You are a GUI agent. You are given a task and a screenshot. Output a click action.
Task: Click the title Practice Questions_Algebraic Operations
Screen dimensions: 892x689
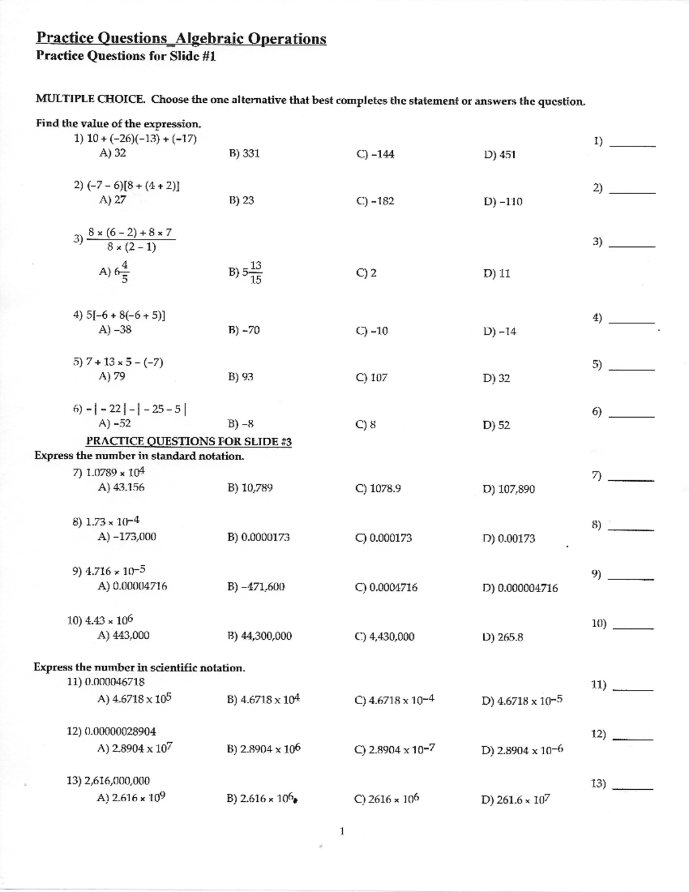click(x=181, y=38)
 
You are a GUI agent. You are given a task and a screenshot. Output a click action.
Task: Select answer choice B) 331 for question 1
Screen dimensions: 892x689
click(x=243, y=153)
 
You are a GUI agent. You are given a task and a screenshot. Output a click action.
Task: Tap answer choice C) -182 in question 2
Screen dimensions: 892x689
click(x=375, y=201)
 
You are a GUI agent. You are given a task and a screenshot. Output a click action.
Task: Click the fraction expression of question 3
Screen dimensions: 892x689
click(x=131, y=240)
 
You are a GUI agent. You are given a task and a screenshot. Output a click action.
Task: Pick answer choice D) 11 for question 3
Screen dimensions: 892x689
click(x=497, y=273)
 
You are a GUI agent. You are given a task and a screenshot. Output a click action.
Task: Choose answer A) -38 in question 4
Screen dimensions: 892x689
click(x=115, y=330)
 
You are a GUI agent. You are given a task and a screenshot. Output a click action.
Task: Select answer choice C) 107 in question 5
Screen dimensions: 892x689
click(x=371, y=377)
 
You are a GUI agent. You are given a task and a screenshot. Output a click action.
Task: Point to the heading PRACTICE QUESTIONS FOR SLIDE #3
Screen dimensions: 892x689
click(x=189, y=441)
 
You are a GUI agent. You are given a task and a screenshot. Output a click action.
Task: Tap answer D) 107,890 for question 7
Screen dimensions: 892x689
click(x=509, y=489)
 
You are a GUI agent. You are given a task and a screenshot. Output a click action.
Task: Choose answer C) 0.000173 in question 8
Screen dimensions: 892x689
click(x=384, y=538)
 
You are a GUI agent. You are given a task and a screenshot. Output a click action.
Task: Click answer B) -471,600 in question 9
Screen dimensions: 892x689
click(x=256, y=586)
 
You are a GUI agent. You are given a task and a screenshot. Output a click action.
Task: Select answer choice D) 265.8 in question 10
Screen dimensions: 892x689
click(x=503, y=636)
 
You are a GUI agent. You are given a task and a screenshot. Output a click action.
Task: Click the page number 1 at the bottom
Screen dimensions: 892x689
click(x=342, y=831)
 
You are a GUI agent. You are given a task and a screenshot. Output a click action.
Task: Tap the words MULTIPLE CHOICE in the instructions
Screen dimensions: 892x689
click(x=90, y=99)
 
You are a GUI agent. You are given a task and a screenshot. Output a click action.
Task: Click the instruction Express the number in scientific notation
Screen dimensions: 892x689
click(x=140, y=667)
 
